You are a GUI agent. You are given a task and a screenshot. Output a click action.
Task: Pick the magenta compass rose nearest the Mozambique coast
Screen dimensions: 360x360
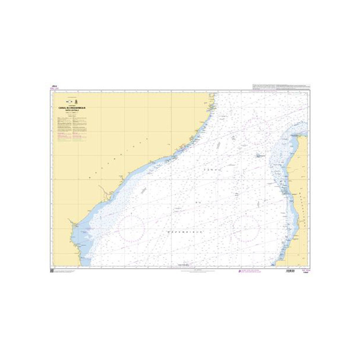point(132,226)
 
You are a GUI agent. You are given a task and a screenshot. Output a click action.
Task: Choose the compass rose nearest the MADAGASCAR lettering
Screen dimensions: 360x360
point(247,226)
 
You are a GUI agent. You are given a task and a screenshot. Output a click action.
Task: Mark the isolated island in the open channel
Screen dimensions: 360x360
point(260,156)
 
